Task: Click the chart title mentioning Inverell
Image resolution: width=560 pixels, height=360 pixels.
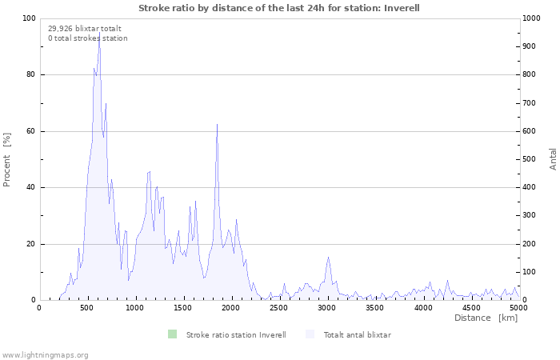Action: tap(279, 8)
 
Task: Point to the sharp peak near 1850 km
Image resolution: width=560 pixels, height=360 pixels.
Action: tap(217, 125)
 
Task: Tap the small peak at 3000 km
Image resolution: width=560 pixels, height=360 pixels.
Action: tap(328, 258)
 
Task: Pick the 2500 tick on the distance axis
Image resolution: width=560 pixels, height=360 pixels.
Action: tap(278, 307)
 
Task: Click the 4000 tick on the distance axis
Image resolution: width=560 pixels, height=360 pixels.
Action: tap(422, 307)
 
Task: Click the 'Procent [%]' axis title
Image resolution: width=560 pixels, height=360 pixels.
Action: tap(7, 159)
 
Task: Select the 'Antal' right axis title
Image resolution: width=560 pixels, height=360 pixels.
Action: tap(553, 158)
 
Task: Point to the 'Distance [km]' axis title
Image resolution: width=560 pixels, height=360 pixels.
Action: tap(486, 318)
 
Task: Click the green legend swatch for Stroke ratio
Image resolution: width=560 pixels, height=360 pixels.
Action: tap(172, 334)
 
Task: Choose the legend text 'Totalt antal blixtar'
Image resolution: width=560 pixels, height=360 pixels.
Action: tap(357, 334)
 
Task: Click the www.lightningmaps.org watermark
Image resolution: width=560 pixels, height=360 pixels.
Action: tap(45, 354)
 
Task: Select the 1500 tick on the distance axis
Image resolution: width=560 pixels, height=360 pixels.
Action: tap(182, 307)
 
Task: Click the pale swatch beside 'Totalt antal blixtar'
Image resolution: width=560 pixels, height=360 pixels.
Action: tap(310, 334)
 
